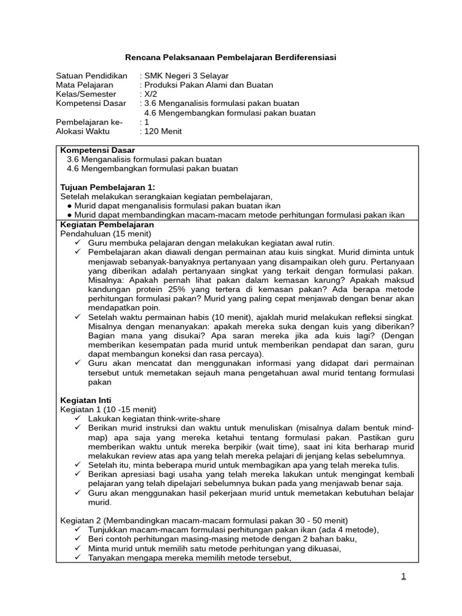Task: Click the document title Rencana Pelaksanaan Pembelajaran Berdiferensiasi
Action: point(230,57)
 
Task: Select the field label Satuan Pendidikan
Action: point(91,76)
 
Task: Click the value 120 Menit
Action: point(163,131)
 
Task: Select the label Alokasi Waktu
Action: point(84,131)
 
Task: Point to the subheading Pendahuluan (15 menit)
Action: point(106,233)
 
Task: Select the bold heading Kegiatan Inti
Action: point(86,400)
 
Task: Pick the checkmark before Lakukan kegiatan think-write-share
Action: point(78,418)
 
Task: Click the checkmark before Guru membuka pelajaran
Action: point(78,242)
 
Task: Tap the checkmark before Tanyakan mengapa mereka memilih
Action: point(78,558)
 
